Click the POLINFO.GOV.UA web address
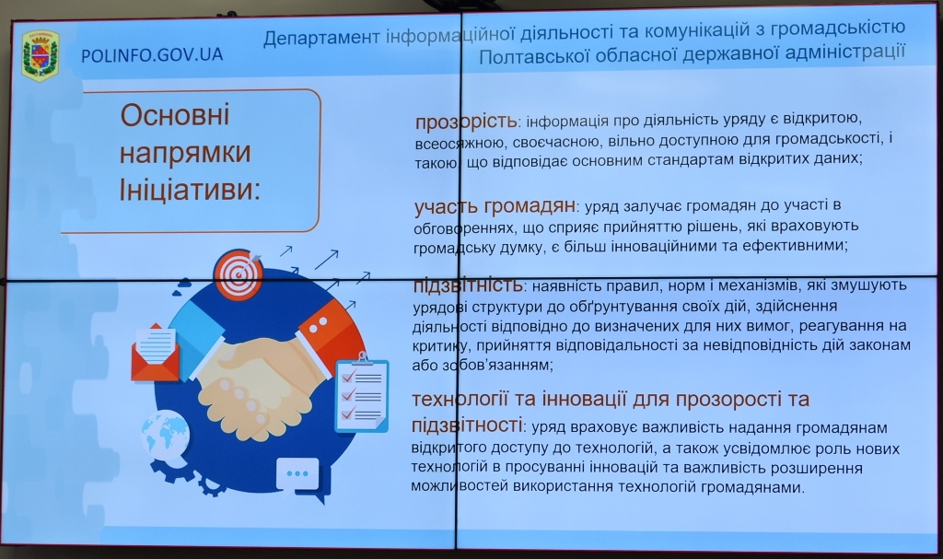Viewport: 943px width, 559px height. [x=152, y=55]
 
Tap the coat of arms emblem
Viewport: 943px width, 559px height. [x=41, y=55]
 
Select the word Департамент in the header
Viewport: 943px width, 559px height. [x=321, y=38]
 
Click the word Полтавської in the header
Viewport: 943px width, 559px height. [x=531, y=57]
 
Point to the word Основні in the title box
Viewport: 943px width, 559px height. [x=174, y=114]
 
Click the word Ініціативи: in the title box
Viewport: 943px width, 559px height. [x=190, y=190]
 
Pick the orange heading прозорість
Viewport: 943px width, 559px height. [x=466, y=122]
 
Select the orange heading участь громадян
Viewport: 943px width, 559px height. [x=495, y=206]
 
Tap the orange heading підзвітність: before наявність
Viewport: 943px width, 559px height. [x=468, y=285]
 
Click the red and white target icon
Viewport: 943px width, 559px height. [x=239, y=274]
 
